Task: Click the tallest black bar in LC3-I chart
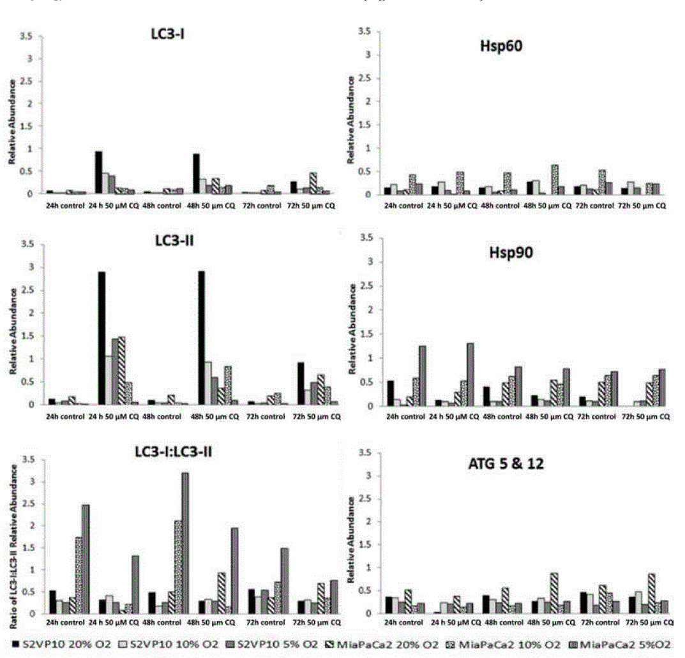tap(99, 172)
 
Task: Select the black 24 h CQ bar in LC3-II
tap(102, 338)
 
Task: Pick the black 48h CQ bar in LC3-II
tap(202, 338)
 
